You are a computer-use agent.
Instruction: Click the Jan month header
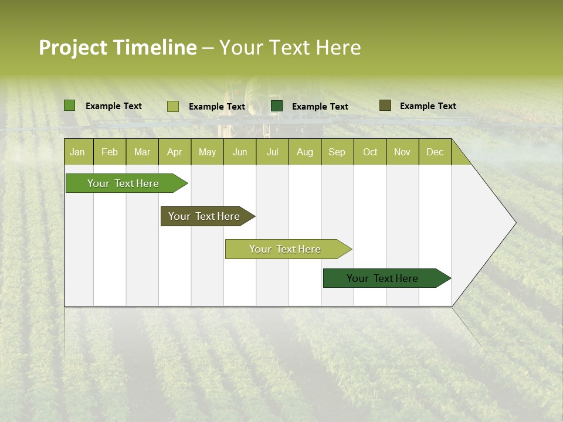click(x=78, y=152)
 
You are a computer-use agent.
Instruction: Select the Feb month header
click(x=110, y=152)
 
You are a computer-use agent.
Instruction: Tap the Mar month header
click(x=142, y=152)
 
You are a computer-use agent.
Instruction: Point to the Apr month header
click(x=175, y=152)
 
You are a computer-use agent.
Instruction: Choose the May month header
click(x=207, y=152)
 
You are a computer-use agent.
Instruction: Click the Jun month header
click(x=240, y=152)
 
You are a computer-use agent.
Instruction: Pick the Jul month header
click(x=272, y=152)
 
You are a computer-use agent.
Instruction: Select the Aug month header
click(x=305, y=152)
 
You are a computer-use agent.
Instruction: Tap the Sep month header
click(x=337, y=152)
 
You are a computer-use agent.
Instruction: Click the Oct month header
click(x=370, y=152)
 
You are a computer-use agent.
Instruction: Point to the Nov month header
click(x=402, y=152)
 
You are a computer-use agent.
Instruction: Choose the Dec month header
click(x=435, y=152)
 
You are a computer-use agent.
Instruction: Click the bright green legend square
click(x=70, y=105)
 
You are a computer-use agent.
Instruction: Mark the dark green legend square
click(x=277, y=105)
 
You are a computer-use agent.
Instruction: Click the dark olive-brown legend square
click(x=385, y=105)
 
